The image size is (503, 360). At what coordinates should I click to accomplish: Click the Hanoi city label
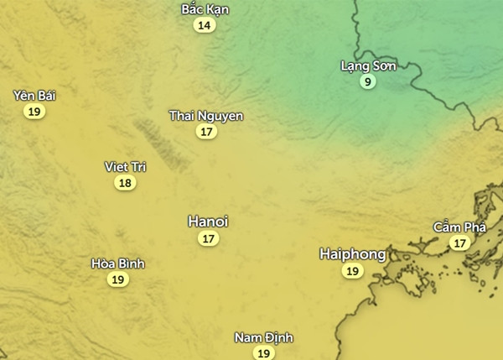point(208,222)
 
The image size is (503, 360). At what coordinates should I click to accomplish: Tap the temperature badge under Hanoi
point(208,239)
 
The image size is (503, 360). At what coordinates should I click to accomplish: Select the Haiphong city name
point(353,253)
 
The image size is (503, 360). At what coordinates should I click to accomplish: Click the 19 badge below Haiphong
point(353,271)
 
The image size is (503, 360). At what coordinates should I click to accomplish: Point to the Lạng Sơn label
point(368,65)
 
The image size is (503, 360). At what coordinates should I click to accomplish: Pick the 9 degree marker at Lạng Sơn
point(367,81)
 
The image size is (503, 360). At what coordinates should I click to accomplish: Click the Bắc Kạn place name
point(205,9)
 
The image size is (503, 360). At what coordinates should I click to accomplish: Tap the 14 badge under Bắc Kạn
point(204,25)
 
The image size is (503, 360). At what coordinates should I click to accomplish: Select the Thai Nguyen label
point(206,115)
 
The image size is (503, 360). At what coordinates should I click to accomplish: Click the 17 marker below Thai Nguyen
point(206,132)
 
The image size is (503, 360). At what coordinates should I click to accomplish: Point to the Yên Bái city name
point(34,95)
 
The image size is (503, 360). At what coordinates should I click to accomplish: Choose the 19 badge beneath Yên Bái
point(34,112)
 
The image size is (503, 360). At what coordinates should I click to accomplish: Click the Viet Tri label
point(125,166)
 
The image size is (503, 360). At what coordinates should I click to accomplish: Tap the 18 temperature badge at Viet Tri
point(125,183)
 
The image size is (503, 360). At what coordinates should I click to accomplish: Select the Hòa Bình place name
point(118,263)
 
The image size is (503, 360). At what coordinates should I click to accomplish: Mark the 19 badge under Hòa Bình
point(118,279)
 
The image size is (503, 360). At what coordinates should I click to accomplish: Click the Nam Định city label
point(263,337)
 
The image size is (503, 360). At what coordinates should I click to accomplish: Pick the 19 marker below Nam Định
point(263,353)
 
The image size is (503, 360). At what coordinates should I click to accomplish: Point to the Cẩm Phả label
point(459,227)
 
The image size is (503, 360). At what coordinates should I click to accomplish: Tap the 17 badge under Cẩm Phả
point(459,243)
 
